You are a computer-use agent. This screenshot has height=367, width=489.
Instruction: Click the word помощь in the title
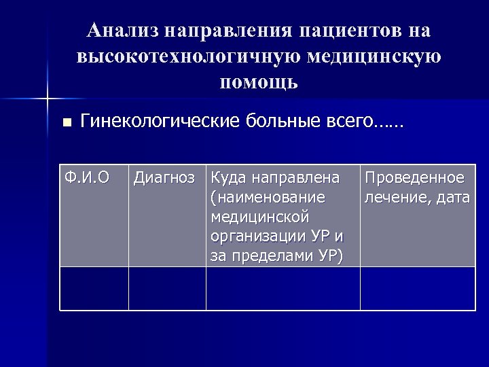tap(259, 82)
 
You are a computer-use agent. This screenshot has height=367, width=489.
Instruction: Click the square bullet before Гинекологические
tap(66, 123)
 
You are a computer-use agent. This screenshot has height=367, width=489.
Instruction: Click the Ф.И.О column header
tap(86, 178)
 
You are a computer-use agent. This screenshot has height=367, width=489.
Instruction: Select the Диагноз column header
tap(166, 178)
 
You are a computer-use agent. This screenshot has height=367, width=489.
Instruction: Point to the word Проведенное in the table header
tap(414, 178)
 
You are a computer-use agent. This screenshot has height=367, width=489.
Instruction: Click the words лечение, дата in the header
tap(417, 198)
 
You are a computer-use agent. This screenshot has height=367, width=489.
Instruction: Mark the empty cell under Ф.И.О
tap(94, 288)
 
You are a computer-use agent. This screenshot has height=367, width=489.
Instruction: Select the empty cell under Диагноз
tap(167, 288)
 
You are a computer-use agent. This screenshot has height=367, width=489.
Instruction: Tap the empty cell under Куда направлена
tap(283, 288)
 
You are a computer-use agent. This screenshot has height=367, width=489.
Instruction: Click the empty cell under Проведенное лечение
tap(417, 288)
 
